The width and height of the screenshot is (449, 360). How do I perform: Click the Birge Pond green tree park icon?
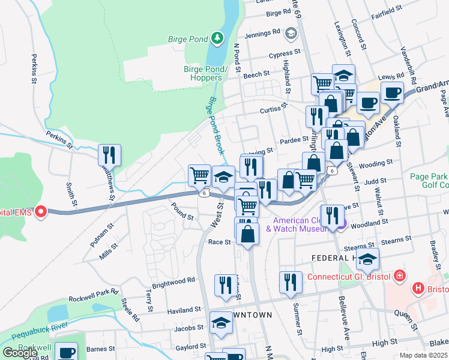tap(217, 39)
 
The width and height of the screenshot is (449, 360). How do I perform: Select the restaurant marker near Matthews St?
tap(109, 154)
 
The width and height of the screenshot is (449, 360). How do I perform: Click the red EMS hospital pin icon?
tap(41, 211)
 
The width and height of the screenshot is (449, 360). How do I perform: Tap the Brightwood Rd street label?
tap(174, 280)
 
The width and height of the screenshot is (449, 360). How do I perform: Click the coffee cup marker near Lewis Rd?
tap(391, 92)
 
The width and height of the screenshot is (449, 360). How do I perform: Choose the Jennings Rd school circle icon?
tap(292, 32)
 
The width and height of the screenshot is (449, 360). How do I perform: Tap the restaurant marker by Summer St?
tap(290, 282)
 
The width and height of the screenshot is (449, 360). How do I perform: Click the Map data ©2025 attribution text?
tap(423, 355)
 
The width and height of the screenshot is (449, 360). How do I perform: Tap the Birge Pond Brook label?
tap(215, 126)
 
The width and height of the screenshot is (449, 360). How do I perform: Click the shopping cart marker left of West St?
tap(199, 175)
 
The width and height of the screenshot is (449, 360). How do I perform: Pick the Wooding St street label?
tap(377, 162)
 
